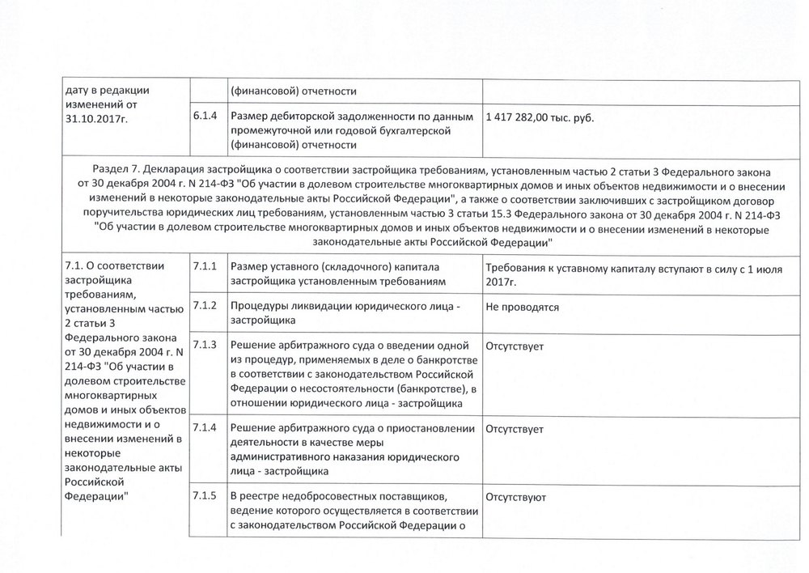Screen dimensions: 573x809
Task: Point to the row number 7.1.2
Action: (x=205, y=305)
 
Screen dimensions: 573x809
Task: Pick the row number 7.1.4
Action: (x=205, y=427)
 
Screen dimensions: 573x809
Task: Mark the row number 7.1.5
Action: (x=205, y=495)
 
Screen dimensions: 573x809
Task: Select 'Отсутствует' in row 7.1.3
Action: (x=515, y=346)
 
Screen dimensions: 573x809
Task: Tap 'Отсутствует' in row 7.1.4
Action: (x=515, y=427)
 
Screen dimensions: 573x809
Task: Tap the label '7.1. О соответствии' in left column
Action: (x=113, y=266)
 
